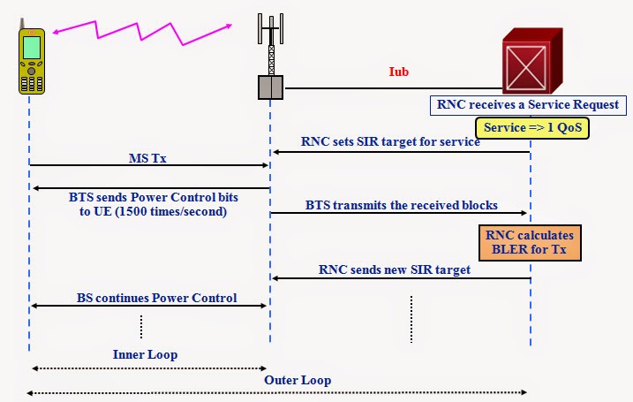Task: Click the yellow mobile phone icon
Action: [x=32, y=59]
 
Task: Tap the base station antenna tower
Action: [x=270, y=44]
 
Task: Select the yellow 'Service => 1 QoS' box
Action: [x=531, y=128]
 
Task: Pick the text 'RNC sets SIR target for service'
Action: [x=390, y=141]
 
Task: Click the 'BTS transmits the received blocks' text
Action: [x=402, y=204]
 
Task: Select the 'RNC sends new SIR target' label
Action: [x=395, y=269]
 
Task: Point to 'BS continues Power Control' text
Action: [x=155, y=297]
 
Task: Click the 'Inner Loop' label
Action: [x=146, y=354]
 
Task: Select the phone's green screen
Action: [x=32, y=46]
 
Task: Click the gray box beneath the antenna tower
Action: [x=270, y=86]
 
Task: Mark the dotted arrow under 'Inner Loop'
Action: [x=148, y=368]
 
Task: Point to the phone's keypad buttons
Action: [x=32, y=78]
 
